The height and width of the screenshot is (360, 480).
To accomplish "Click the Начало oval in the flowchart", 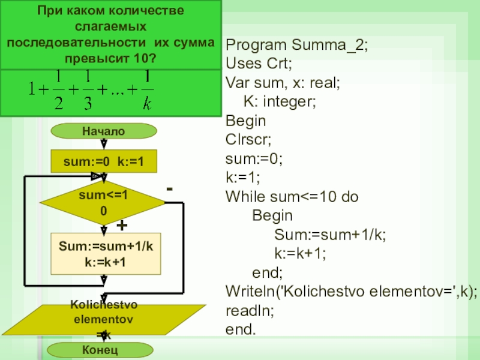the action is (104, 131).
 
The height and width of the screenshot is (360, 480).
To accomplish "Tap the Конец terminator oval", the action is (100, 350).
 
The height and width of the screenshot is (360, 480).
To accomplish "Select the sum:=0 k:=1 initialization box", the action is (104, 161).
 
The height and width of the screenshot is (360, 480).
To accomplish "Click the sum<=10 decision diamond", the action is (103, 203).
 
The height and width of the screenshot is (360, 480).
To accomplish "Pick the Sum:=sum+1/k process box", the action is (106, 254).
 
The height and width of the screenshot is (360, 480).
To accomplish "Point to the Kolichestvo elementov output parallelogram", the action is (104, 320).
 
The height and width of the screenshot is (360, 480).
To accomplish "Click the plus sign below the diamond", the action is (122, 226).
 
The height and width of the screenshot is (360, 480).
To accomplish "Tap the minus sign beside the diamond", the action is (169, 189).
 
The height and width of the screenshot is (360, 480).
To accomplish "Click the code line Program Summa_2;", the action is (296, 45).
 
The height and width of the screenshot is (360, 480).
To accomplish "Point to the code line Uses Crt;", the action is (259, 64).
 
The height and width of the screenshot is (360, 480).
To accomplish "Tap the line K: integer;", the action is (280, 101).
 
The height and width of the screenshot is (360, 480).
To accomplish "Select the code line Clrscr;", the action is (248, 140).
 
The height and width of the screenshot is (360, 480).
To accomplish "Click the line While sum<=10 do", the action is (292, 197).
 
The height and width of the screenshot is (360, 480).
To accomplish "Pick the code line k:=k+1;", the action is (300, 253).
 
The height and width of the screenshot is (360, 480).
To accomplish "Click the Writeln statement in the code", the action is (352, 292).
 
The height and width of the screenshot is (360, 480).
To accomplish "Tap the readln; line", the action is (250, 311).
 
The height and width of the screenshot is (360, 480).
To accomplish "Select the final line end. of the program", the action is (241, 329).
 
